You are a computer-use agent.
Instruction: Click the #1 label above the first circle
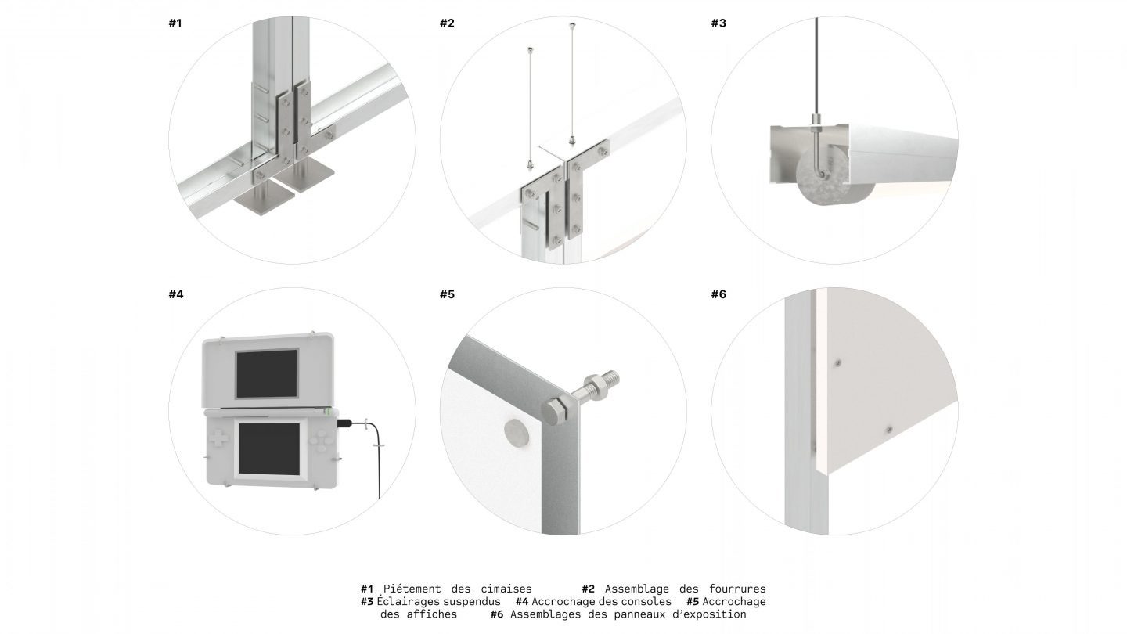pos(175,23)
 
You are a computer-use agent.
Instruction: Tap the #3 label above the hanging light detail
pos(718,23)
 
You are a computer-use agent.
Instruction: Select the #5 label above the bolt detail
pos(448,294)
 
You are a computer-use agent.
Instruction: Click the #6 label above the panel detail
pos(718,294)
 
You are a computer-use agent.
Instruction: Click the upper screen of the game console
pos(267,373)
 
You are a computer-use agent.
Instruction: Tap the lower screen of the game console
pos(269,448)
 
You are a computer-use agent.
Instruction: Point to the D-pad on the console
pos(218,438)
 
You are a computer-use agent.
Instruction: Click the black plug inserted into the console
pos(345,423)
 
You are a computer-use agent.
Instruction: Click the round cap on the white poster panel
pos(516,433)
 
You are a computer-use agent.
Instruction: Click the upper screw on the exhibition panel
pos(837,362)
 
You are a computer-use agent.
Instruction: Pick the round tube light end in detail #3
pos(819,179)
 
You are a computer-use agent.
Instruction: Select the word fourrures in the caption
pos(737,589)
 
